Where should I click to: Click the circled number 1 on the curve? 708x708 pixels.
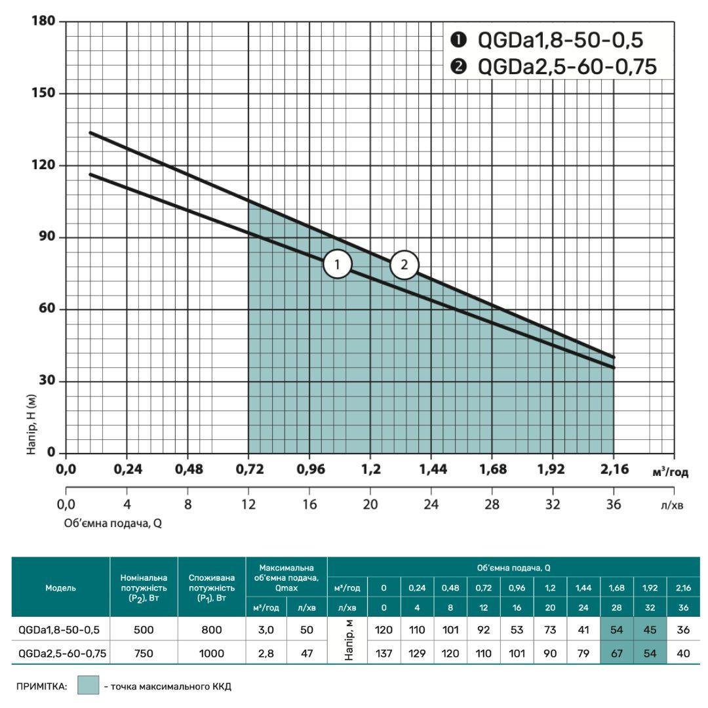(x=338, y=265)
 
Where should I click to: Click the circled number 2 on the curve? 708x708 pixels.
(x=404, y=265)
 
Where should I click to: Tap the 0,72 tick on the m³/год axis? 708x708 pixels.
(x=248, y=469)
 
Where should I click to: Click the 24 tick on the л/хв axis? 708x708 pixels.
(x=431, y=505)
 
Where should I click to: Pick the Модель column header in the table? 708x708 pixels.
(x=60, y=588)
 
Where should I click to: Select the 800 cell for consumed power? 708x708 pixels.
(x=211, y=630)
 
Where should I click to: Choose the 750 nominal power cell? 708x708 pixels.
(x=144, y=653)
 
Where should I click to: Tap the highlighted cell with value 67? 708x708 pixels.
(x=617, y=653)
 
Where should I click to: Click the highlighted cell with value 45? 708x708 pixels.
(x=650, y=630)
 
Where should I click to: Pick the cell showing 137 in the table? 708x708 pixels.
(x=383, y=653)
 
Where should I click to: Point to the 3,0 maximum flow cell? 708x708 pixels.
(x=265, y=630)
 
